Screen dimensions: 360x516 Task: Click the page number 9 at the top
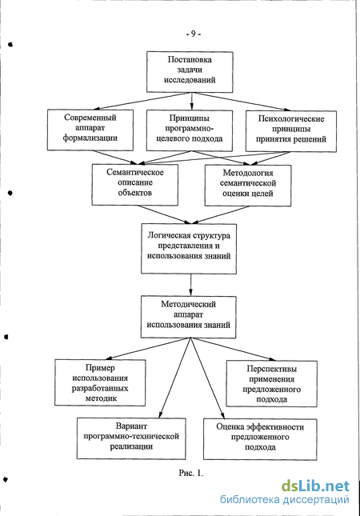[193, 34]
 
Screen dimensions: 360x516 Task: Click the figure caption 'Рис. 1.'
[191, 473]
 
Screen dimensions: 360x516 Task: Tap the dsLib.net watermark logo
[315, 486]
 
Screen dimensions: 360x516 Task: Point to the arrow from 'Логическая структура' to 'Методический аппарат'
[191, 285]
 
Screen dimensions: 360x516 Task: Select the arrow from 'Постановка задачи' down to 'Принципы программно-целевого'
[191, 102]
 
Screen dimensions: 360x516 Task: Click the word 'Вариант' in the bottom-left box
[131, 426]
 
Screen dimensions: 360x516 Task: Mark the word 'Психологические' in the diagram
[291, 118]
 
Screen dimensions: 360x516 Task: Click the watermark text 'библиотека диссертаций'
[284, 499]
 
